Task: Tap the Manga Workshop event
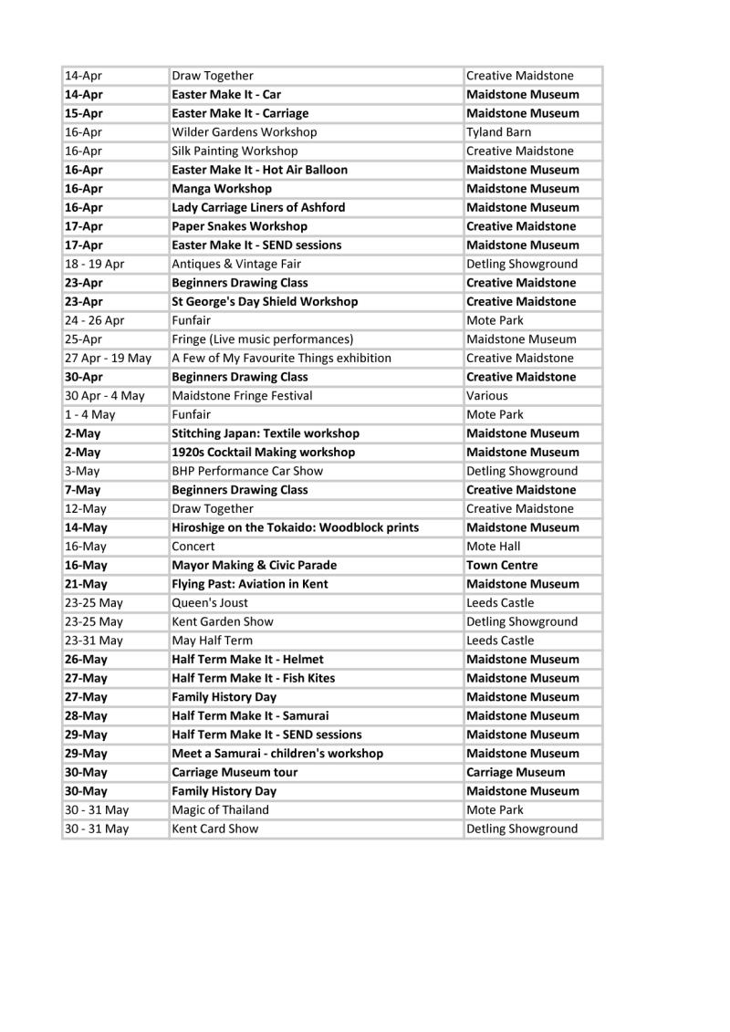[x=222, y=189]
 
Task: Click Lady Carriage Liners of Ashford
[x=258, y=207]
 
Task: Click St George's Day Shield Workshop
[x=265, y=301]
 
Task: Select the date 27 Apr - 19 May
[x=108, y=358]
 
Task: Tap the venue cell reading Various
[x=487, y=396]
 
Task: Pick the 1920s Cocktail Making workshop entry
[x=264, y=453]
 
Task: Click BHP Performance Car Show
[x=247, y=471]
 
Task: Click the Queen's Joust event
[x=210, y=602]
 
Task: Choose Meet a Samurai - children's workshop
[x=277, y=754]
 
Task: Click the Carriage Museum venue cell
[x=516, y=772]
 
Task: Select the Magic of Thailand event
[x=220, y=810]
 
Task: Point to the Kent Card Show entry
[x=215, y=829]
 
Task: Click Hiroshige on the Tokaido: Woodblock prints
[x=296, y=527]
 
